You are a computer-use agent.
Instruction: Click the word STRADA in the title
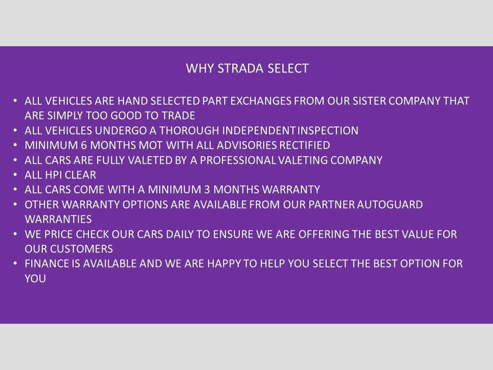tap(240, 68)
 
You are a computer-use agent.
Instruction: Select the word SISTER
tap(369, 101)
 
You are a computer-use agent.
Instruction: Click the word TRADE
tap(178, 116)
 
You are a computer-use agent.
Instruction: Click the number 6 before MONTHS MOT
tap(84, 145)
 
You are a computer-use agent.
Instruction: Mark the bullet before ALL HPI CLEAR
tap(15, 174)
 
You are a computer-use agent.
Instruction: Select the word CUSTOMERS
tap(81, 249)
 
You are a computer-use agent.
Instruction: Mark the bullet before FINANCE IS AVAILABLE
tap(15, 263)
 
